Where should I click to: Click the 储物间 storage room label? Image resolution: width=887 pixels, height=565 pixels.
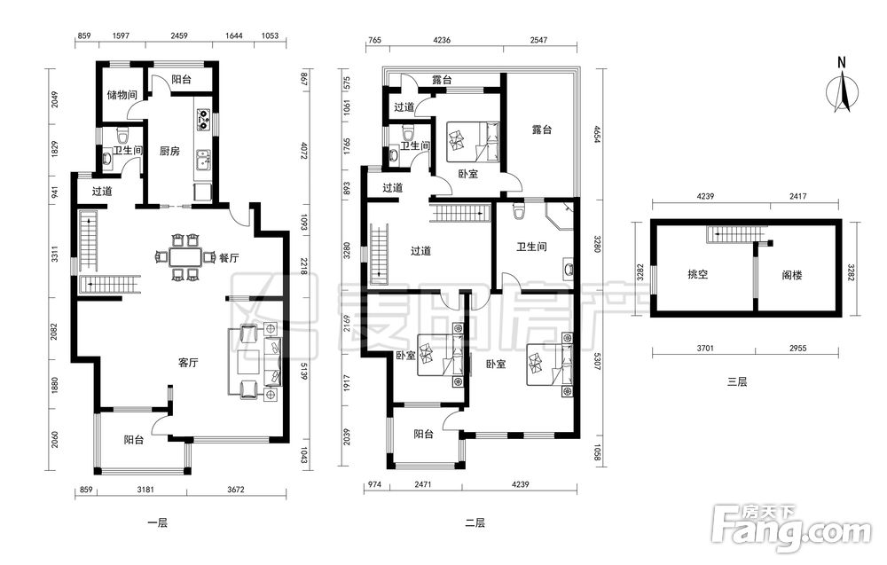click(x=122, y=94)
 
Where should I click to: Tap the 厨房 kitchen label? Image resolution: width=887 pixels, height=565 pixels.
click(x=169, y=151)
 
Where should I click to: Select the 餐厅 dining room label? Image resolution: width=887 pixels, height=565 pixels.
click(x=229, y=258)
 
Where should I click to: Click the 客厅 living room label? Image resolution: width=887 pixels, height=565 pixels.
click(x=188, y=363)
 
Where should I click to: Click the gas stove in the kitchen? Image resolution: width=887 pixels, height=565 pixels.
click(x=203, y=120)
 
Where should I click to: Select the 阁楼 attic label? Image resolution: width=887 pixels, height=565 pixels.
click(x=792, y=276)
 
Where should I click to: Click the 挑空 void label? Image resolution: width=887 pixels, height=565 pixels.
click(x=697, y=275)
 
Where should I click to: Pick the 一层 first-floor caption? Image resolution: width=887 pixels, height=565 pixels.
click(x=158, y=523)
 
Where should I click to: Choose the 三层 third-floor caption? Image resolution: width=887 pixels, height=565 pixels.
click(x=737, y=381)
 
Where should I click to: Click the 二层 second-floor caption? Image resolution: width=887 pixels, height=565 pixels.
click(x=475, y=523)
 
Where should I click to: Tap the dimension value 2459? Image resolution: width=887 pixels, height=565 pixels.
click(x=179, y=35)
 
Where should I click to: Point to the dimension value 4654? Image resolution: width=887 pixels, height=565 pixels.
click(x=596, y=134)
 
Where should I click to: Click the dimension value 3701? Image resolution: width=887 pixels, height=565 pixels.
click(x=705, y=349)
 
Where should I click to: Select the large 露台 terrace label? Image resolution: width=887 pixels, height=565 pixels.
click(x=541, y=129)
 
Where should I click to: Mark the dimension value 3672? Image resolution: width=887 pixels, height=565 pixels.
click(x=235, y=490)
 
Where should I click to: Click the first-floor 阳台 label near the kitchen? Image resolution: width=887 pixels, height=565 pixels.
click(x=181, y=79)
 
